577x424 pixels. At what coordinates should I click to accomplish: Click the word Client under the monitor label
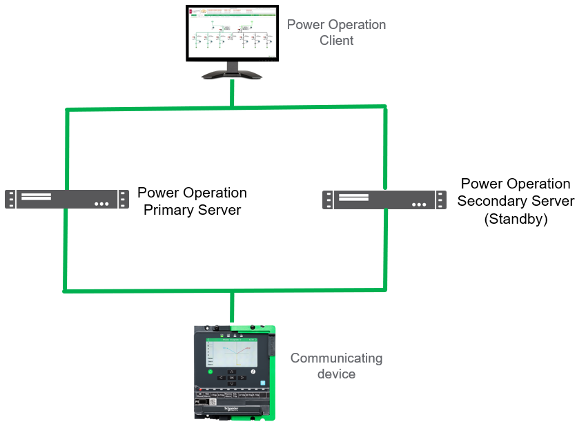click(336, 41)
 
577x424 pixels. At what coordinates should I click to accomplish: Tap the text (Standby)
click(516, 219)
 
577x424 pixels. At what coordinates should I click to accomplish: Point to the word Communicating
click(336, 358)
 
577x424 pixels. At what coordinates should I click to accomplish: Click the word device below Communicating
click(336, 374)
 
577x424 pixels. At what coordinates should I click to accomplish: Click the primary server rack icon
click(67, 199)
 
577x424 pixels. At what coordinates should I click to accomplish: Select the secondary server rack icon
click(384, 200)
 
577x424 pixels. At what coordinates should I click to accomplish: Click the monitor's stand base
click(233, 74)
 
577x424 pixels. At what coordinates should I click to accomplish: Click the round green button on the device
click(211, 372)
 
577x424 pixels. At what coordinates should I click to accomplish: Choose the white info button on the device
click(253, 372)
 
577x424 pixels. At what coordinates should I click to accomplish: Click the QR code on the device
click(213, 401)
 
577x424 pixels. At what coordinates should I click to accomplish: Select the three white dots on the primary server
click(102, 204)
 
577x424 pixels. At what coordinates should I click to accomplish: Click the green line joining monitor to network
click(233, 93)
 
